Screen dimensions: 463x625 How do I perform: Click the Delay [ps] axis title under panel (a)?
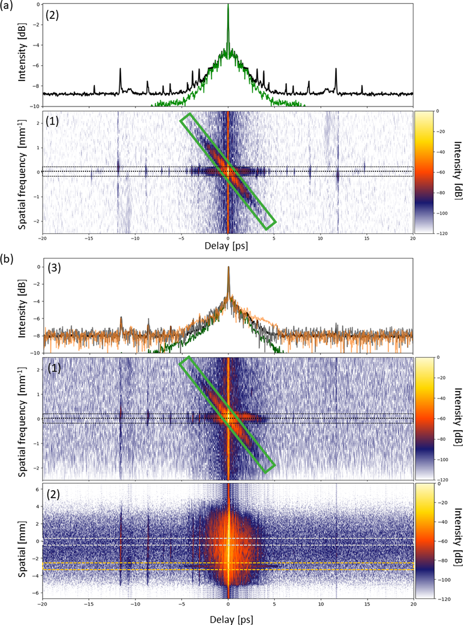click(226, 246)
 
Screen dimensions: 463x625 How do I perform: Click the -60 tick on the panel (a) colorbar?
click(441, 172)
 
